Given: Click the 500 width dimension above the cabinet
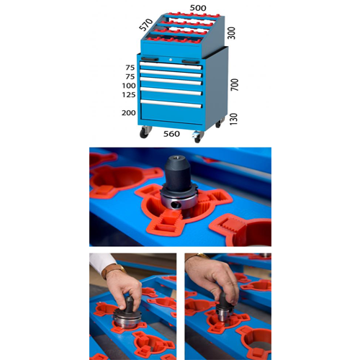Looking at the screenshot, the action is coord(198,8).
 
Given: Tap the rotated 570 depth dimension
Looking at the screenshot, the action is coord(146,24).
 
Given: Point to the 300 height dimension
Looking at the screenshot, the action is coord(231,33).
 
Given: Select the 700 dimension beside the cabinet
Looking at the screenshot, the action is coord(235,84).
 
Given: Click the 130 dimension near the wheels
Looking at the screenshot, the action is coord(233,119).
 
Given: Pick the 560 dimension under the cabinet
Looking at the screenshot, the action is coord(171,134).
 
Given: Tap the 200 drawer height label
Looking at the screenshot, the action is coord(129,112).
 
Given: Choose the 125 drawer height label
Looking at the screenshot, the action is coord(129,95).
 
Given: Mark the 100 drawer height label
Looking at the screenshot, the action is coord(129,86).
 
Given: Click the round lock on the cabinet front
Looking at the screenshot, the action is coord(170,60).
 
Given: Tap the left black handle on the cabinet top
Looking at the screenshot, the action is coord(150,59).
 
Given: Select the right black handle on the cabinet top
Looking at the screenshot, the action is coord(191,62).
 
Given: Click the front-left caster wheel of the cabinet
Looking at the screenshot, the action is coord(145,132).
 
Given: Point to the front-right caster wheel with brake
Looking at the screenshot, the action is coord(198,137).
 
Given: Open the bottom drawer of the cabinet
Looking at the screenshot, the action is coord(171,112).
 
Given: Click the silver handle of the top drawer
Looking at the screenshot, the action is coord(171,66).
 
